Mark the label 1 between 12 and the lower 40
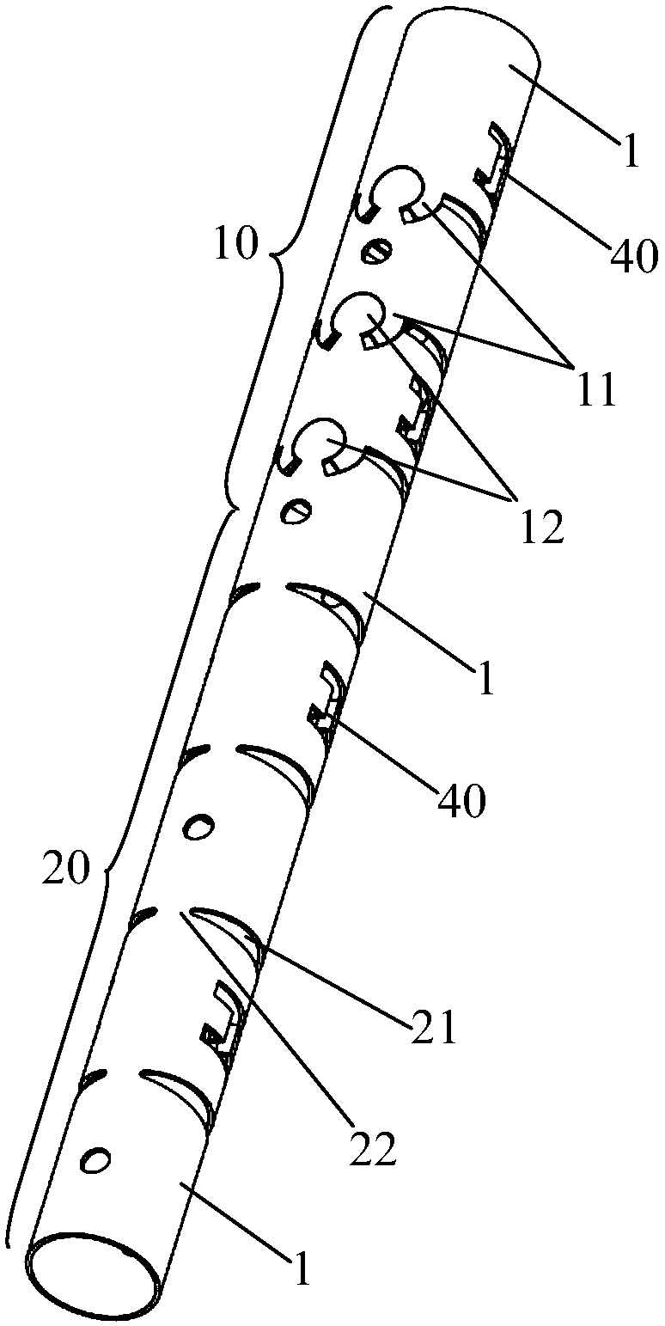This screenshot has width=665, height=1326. coord(485,679)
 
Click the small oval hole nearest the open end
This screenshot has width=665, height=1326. coord(96,1160)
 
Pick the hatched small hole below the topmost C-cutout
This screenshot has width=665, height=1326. coord(378,250)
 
